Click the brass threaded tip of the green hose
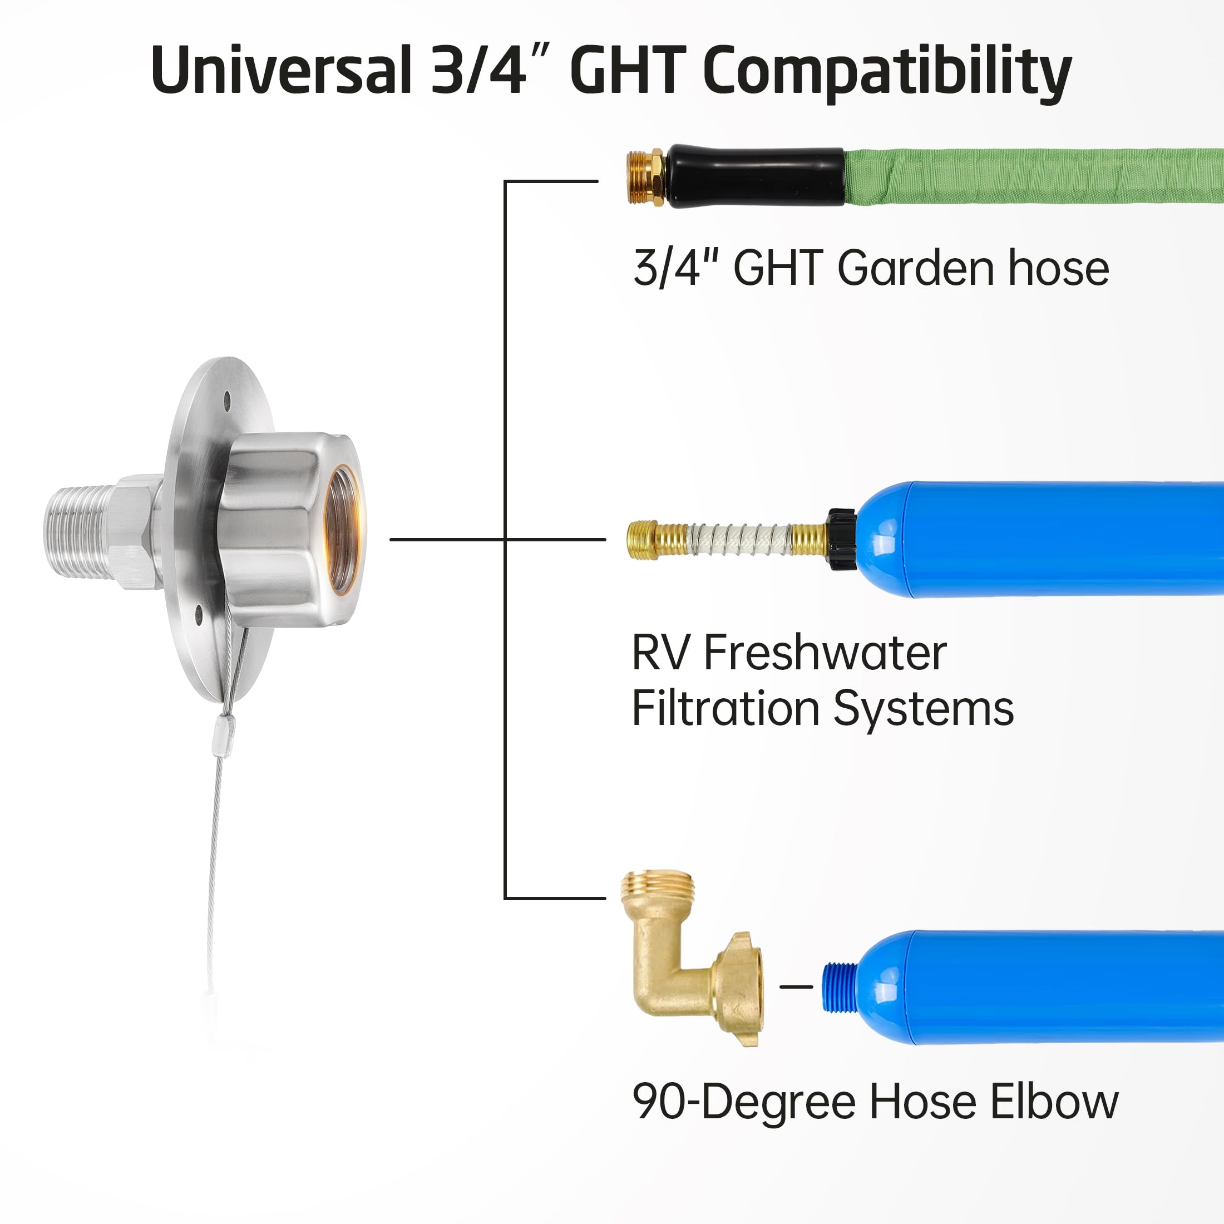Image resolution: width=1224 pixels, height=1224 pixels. pos(645,177)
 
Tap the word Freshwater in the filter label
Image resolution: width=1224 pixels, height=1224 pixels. pos(825,653)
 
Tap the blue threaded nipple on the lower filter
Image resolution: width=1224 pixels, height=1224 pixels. pos(840,987)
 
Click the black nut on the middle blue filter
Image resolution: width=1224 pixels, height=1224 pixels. pos(842,539)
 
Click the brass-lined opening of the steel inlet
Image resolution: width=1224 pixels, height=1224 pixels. pos(343,529)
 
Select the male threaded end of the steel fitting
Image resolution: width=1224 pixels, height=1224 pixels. pos(76,532)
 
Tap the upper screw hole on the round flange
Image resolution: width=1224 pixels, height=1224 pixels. pos(227,399)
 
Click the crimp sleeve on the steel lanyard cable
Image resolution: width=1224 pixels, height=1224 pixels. pos(224,735)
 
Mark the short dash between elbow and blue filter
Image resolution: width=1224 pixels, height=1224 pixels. pos(796,986)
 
